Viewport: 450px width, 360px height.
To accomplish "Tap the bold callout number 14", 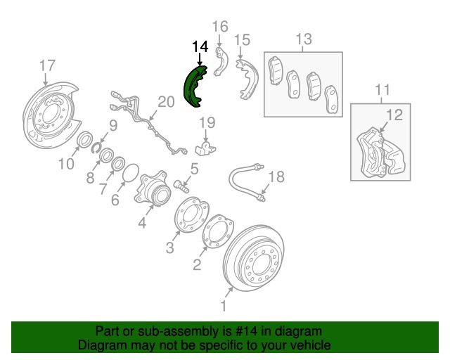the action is tap(200, 47).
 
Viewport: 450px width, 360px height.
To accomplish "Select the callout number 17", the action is tap(47, 65).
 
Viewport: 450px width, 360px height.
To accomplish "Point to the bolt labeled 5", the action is tap(181, 186).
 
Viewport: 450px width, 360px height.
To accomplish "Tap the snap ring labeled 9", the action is tap(95, 148).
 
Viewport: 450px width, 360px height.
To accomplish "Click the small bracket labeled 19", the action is tap(205, 148).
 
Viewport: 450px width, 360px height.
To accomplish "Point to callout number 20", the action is tap(166, 102).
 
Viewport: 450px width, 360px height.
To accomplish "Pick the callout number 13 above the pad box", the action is tap(304, 39).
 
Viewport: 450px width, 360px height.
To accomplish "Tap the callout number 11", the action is tap(382, 90).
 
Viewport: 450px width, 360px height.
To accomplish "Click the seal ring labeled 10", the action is tap(84, 139).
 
